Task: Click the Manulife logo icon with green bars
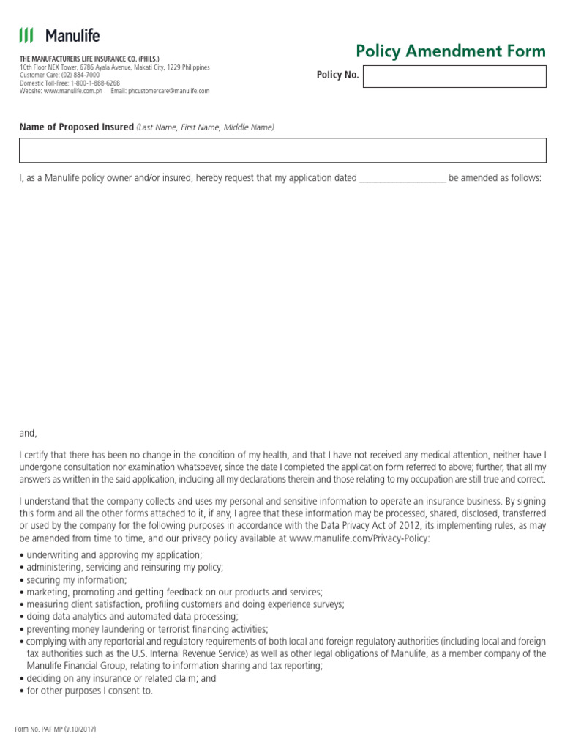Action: tap(26, 35)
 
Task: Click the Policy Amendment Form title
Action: tap(450, 51)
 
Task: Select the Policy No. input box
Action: tap(454, 77)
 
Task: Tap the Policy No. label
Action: tap(337, 75)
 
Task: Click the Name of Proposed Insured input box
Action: tap(282, 150)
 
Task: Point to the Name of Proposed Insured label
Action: tap(77, 127)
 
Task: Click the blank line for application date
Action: tap(402, 178)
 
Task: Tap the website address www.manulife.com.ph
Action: tap(72, 92)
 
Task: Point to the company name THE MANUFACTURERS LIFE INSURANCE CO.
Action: tap(89, 59)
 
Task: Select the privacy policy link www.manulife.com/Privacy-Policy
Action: tap(360, 538)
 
